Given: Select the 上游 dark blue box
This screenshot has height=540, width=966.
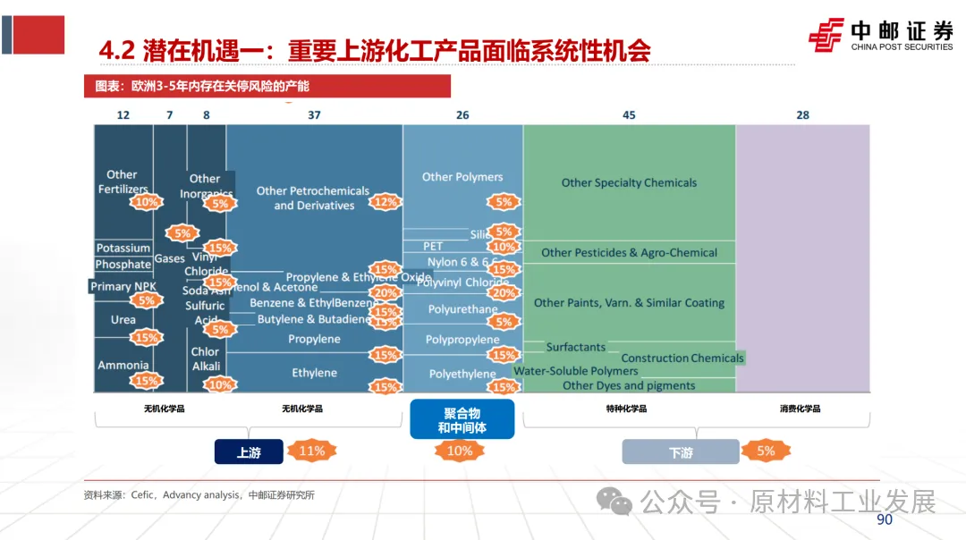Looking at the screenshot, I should [x=249, y=452].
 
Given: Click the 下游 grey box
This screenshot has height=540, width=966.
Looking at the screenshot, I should [x=681, y=452].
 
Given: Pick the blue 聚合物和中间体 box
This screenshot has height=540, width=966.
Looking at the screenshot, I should [x=462, y=420].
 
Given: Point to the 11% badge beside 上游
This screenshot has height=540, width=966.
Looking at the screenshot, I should [x=311, y=451].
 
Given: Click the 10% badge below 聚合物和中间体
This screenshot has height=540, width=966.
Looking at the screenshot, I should [x=459, y=451].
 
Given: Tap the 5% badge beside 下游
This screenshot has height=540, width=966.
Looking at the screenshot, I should [x=766, y=451].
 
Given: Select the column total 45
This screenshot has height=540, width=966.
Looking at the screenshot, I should [x=629, y=115].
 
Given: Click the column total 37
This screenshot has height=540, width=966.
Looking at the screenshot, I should [x=314, y=115].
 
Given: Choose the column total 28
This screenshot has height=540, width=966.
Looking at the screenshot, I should [x=802, y=115].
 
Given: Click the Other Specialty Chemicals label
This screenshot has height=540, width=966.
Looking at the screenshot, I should [x=629, y=182].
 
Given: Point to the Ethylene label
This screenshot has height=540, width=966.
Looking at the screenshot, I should [x=314, y=373].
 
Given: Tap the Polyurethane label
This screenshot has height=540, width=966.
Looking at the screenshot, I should [x=462, y=310].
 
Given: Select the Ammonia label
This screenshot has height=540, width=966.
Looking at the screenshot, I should [x=123, y=366].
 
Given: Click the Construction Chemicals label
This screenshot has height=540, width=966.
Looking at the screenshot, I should [x=682, y=359].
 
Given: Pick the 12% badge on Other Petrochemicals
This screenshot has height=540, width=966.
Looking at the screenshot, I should [x=385, y=202].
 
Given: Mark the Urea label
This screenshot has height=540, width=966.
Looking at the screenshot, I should [x=123, y=320].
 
